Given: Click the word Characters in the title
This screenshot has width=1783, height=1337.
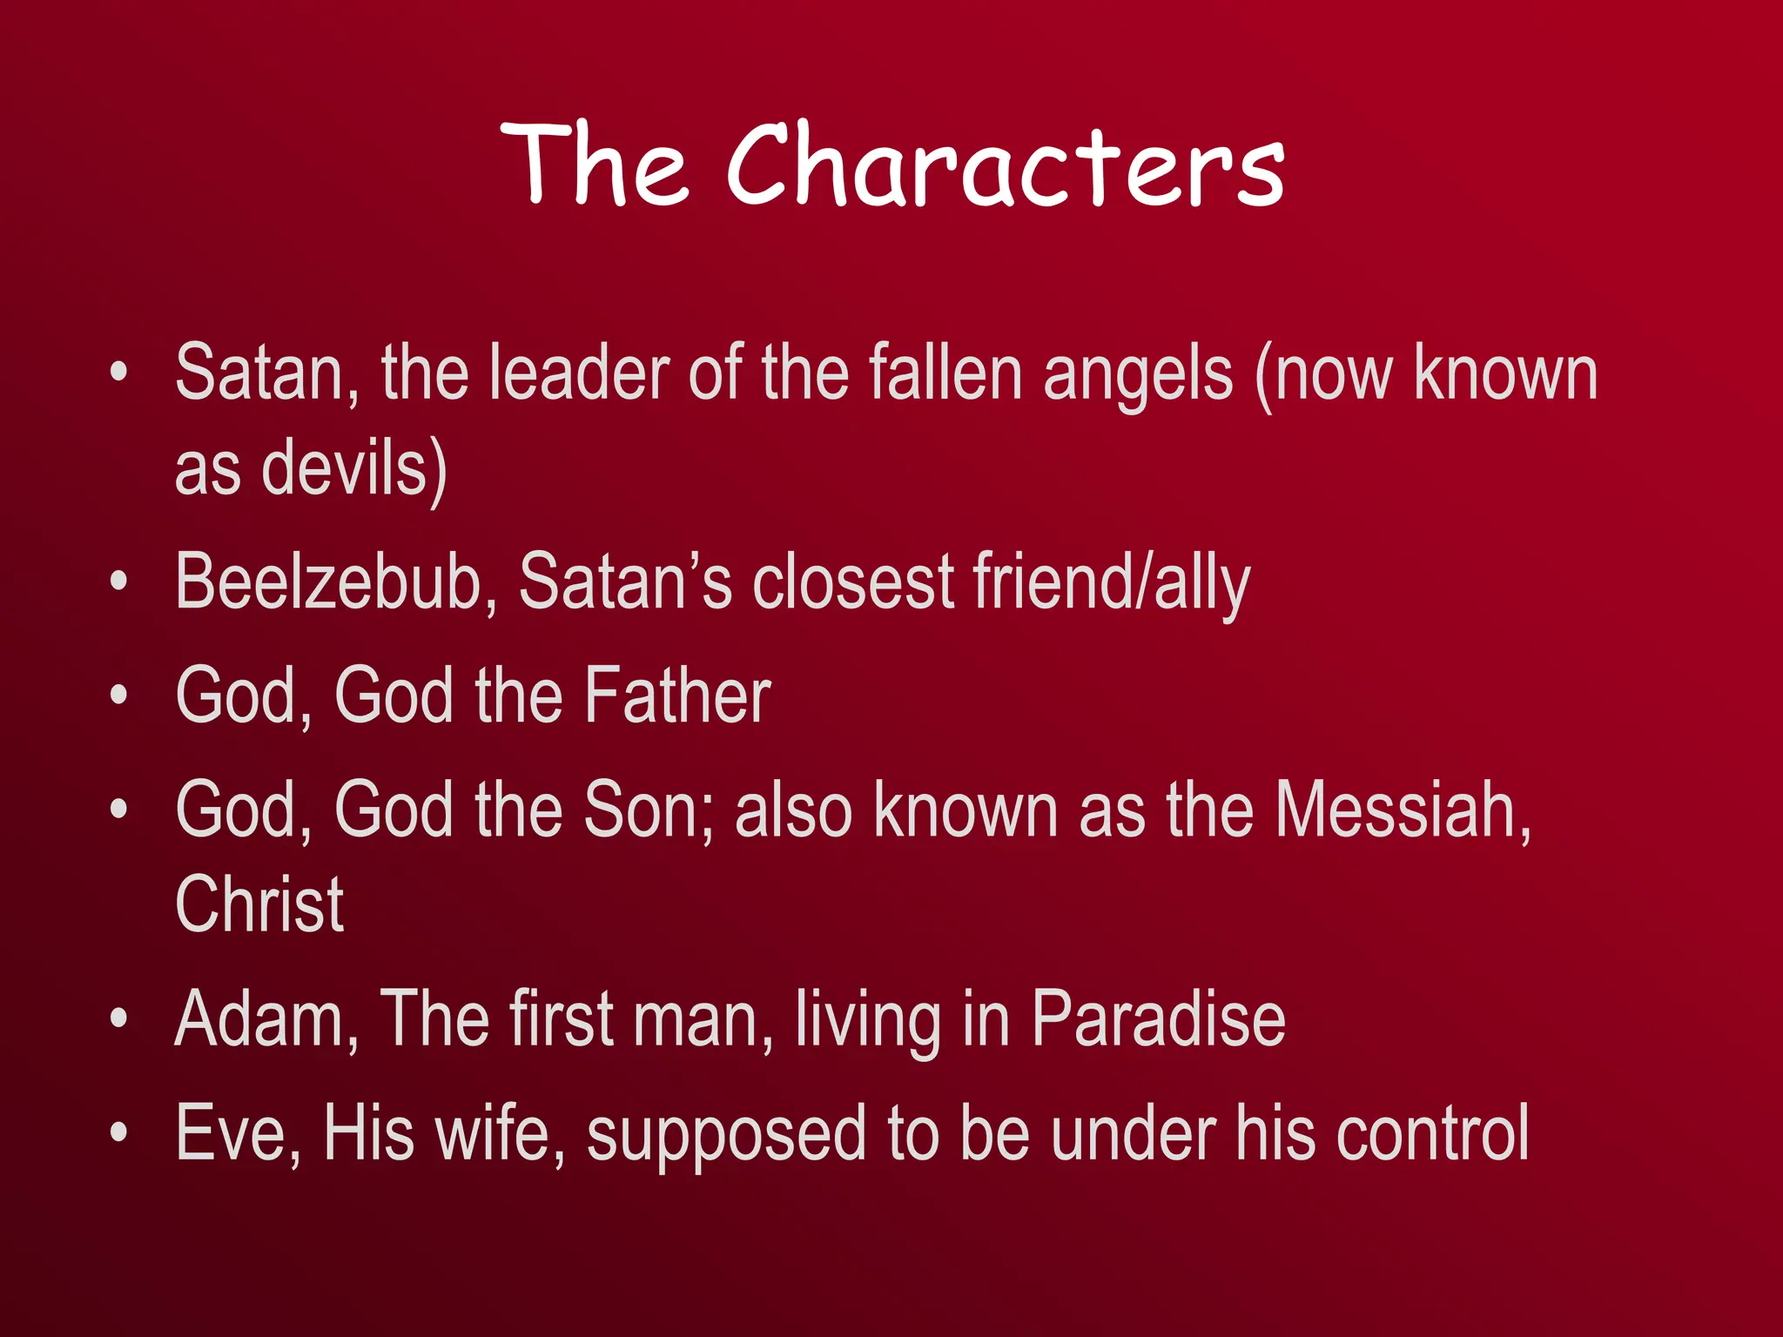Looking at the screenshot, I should pyautogui.click(x=1006, y=165).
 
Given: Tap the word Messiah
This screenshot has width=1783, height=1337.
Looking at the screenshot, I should pyautogui.click(x=1402, y=810).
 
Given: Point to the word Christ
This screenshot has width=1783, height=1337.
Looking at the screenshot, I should pyautogui.click(x=259, y=904).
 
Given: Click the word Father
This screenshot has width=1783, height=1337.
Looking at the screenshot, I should pyautogui.click(x=677, y=695).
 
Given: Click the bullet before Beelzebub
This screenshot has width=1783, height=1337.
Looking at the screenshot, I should pyautogui.click(x=119, y=581).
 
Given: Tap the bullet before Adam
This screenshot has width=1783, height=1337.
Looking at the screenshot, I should pyautogui.click(x=119, y=1018).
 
